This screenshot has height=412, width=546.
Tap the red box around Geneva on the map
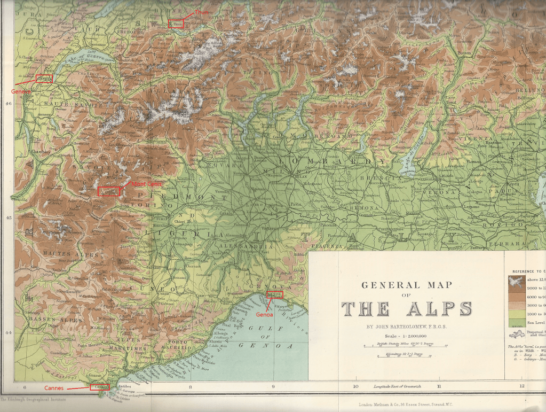tap(44, 79)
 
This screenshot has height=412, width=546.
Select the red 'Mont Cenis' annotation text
tap(146, 183)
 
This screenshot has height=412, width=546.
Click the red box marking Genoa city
tap(274, 295)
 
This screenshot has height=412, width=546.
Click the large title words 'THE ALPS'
tap(407, 309)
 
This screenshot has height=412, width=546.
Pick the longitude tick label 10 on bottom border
tap(355, 386)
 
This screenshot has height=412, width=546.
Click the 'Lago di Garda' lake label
tap(413, 155)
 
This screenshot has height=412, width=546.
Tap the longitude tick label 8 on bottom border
tap(190, 386)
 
